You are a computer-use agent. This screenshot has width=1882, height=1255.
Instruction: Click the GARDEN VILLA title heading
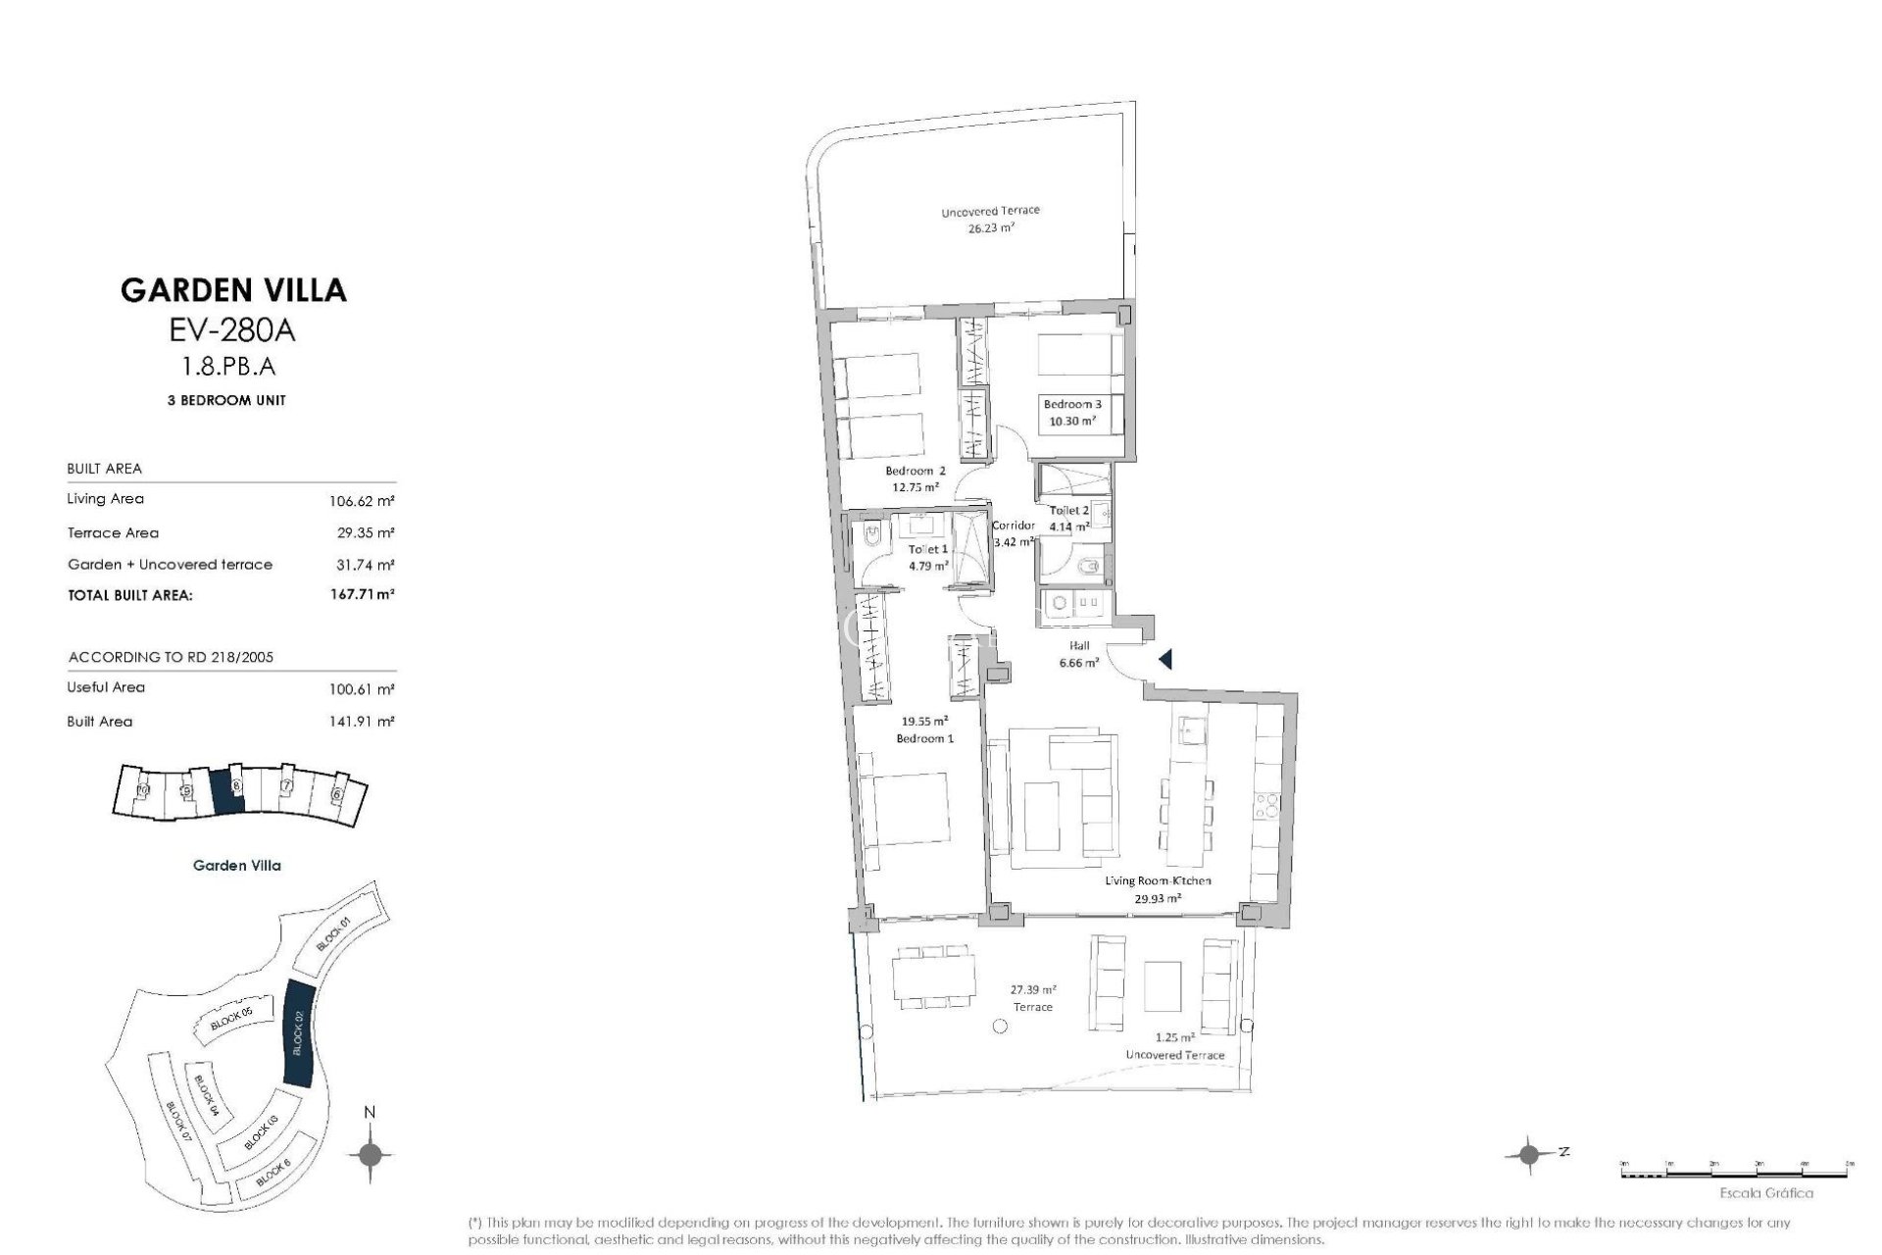pos(233,290)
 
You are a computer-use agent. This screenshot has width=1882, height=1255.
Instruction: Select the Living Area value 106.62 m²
pos(362,501)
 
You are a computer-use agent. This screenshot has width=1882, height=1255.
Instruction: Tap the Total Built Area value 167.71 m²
pos(362,594)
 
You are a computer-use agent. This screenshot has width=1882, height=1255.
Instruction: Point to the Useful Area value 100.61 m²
pos(362,689)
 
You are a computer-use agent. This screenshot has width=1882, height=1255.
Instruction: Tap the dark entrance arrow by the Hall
pos(1164,659)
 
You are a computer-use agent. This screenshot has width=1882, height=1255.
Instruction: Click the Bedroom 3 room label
pos(1071,404)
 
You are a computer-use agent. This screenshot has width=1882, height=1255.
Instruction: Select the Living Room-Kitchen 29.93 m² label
pos(1158,888)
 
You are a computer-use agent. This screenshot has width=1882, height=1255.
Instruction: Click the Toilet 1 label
pos(926,550)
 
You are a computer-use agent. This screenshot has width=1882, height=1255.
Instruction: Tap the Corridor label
pos(1014,526)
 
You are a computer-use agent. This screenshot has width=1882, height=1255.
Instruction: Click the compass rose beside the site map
pos(370,1155)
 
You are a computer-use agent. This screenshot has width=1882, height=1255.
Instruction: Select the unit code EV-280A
pos(232,331)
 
